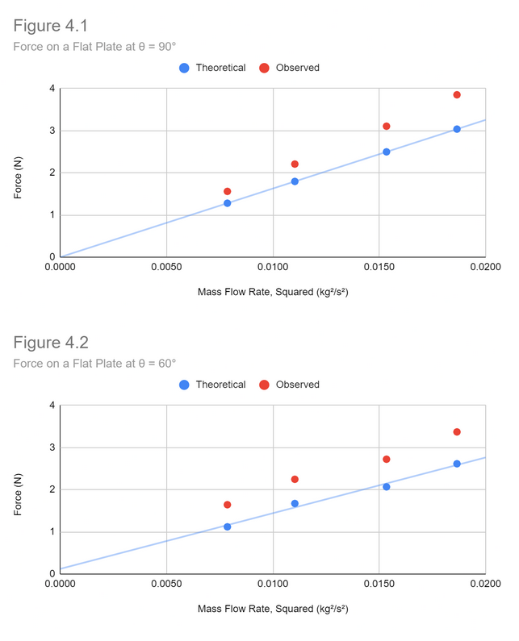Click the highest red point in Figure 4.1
click(x=457, y=94)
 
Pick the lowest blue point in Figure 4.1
click(x=228, y=203)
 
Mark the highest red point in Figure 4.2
click(x=457, y=432)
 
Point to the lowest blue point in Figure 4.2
click(x=228, y=527)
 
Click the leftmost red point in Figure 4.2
click(x=228, y=505)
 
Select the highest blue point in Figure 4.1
click(x=457, y=129)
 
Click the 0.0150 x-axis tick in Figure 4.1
click(x=379, y=267)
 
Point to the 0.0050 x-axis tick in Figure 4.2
click(x=166, y=584)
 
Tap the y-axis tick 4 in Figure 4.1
click(x=52, y=89)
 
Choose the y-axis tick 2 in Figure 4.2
click(x=52, y=489)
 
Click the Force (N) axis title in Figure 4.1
click(x=19, y=173)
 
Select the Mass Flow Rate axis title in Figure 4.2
click(x=273, y=609)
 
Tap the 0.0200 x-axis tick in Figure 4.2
click(x=485, y=584)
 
